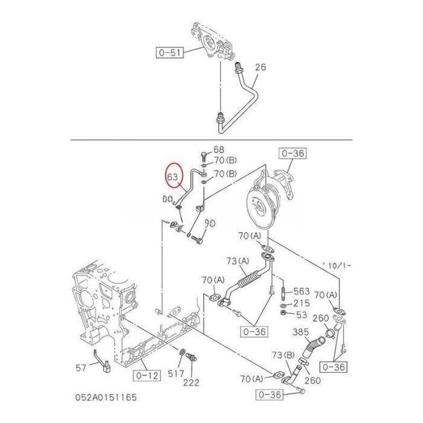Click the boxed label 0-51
(x=170, y=53)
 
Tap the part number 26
(x=260, y=67)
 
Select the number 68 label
(x=218, y=150)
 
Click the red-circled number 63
(x=173, y=177)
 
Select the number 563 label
(x=301, y=291)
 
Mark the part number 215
(x=301, y=303)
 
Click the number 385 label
(x=300, y=332)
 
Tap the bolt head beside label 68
(x=205, y=152)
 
